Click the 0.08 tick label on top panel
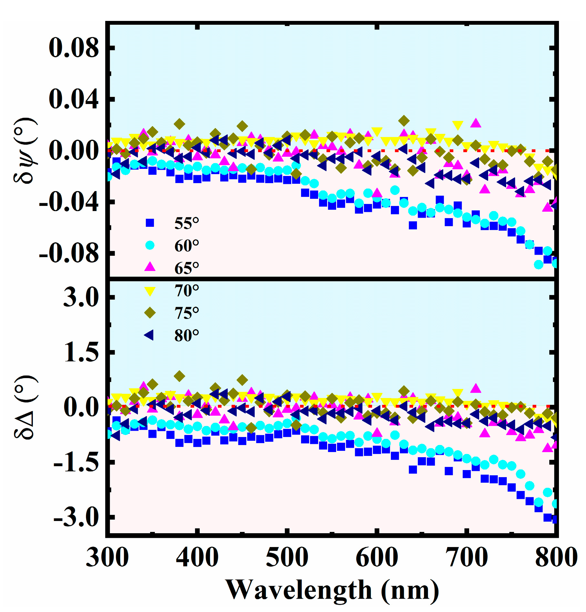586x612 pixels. (73, 48)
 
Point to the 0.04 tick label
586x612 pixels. (73, 99)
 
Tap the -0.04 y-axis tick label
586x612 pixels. (68, 202)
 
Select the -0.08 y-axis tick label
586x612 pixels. (68, 254)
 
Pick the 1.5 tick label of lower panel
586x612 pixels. (80, 353)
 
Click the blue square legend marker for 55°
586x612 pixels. (150, 223)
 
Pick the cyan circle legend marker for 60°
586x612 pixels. (150, 245)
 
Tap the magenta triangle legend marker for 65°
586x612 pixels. (150, 267)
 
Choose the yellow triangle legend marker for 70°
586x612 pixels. (150, 291)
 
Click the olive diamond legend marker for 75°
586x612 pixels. (150, 312)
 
